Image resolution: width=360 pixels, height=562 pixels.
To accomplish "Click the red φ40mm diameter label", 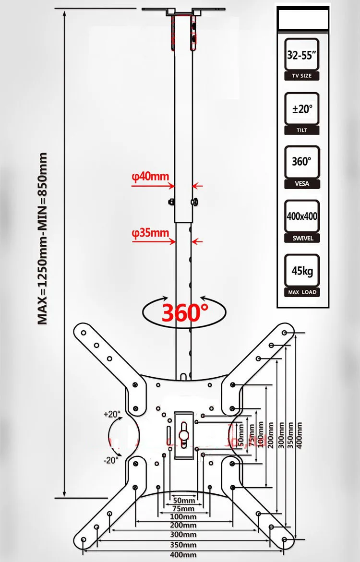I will (151, 177).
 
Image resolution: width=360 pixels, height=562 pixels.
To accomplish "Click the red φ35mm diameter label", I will (151, 234).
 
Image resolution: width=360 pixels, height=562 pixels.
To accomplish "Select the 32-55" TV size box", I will (302, 55).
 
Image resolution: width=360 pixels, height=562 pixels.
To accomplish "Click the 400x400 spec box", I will (302, 216).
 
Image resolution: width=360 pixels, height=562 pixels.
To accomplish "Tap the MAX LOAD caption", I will (302, 292).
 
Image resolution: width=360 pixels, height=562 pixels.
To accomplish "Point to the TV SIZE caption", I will (302, 76).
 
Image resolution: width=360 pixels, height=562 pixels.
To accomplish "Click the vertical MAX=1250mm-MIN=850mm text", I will (43, 239).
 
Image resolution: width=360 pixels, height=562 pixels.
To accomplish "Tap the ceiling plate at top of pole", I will (184, 10).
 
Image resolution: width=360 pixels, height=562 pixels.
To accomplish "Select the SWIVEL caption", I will (302, 238).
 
